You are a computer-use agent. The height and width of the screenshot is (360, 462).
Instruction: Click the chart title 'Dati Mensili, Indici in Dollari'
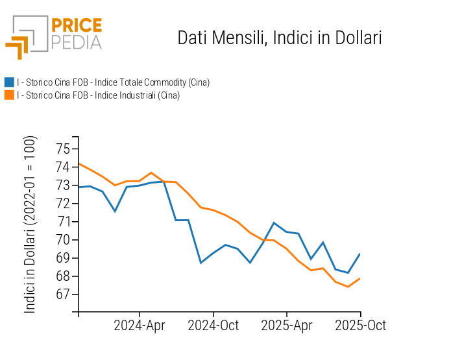click(279, 38)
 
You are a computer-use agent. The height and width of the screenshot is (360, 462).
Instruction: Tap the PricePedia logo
click(54, 36)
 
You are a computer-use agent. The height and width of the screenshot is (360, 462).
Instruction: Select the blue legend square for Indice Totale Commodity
click(9, 82)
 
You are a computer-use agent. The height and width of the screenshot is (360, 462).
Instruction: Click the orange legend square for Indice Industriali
click(9, 95)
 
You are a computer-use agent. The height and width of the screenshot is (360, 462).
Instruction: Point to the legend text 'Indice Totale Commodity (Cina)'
click(113, 82)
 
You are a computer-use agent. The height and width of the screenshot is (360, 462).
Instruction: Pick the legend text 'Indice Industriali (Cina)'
click(98, 95)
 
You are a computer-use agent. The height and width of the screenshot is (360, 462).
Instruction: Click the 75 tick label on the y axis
click(62, 149)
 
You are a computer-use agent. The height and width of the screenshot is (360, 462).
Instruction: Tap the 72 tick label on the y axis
click(62, 204)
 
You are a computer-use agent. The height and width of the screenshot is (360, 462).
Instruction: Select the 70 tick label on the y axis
click(62, 240)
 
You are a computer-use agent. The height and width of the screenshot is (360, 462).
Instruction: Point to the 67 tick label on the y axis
click(62, 294)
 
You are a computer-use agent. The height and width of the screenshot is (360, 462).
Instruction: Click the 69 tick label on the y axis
click(62, 258)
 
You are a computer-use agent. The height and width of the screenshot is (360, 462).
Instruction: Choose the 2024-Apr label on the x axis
click(140, 325)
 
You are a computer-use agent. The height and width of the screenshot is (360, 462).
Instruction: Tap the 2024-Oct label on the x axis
click(213, 325)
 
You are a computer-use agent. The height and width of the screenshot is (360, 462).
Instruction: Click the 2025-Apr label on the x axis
click(287, 325)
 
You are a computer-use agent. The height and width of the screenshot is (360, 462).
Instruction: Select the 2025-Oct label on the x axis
click(360, 325)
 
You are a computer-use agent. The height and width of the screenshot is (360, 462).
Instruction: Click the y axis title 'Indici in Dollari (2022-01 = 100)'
click(30, 224)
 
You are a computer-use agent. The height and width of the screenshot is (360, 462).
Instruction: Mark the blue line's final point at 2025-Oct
click(360, 254)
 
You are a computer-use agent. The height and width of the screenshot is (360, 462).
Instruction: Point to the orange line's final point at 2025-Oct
click(360, 278)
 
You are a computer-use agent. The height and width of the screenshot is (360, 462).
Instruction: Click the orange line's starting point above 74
click(79, 163)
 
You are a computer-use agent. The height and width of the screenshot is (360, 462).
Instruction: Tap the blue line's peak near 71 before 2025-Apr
click(274, 222)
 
